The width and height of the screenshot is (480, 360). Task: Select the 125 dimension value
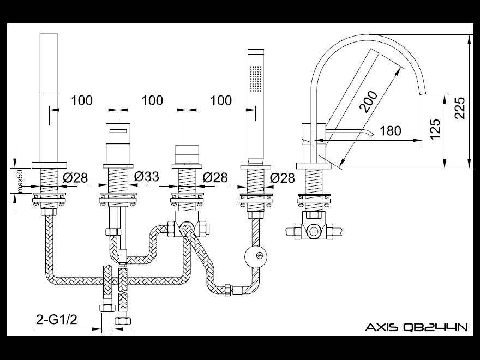pos(435,129)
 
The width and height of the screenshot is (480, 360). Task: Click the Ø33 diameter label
pos(146,177)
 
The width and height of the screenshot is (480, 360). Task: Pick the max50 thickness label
pos(20,181)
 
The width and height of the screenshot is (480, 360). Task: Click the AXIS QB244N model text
pos(416,327)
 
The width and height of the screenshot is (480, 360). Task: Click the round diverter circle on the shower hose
pos(256,255)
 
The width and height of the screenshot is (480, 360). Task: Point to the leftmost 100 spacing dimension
pos(82,100)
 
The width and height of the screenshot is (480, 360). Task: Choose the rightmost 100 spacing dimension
pos(221,100)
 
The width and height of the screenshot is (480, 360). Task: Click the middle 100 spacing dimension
pos(152,100)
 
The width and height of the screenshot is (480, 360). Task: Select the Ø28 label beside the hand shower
pos(283,177)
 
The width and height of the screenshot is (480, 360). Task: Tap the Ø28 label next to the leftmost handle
pos(75,177)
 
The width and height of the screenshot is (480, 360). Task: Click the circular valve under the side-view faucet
pos(316,231)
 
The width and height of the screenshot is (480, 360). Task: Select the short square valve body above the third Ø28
pos(187,154)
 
